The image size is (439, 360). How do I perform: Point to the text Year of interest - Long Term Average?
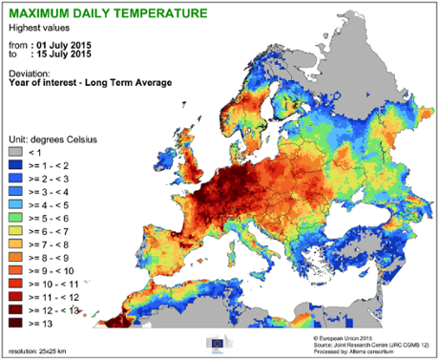[x=90, y=83]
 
